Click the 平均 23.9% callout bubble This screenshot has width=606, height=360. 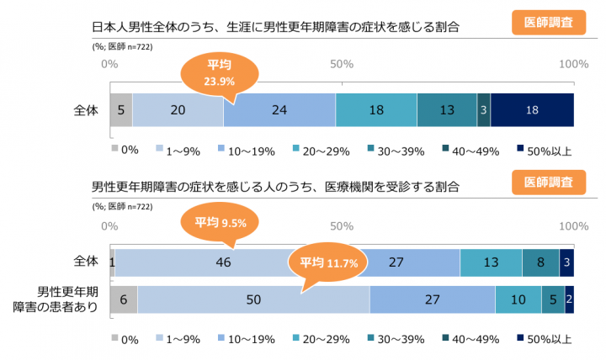tap(218, 74)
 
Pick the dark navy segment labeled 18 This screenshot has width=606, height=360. tap(531, 109)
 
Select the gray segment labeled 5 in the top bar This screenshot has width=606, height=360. tap(121, 109)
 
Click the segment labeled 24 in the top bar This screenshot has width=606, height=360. tap(279, 109)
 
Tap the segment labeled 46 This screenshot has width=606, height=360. tap(223, 262)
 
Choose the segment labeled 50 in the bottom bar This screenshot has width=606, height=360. tap(252, 299)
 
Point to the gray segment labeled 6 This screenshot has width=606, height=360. tap(123, 299)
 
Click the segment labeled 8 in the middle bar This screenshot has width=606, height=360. tap(540, 262)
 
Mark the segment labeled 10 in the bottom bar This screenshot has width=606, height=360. tap(518, 299)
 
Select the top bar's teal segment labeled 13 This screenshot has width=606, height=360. tap(446, 109)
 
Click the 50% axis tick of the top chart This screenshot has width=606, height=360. tap(341, 64)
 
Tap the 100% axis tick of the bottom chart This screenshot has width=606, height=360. tap(573, 225)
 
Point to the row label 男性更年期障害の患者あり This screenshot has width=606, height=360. tap(67, 299)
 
